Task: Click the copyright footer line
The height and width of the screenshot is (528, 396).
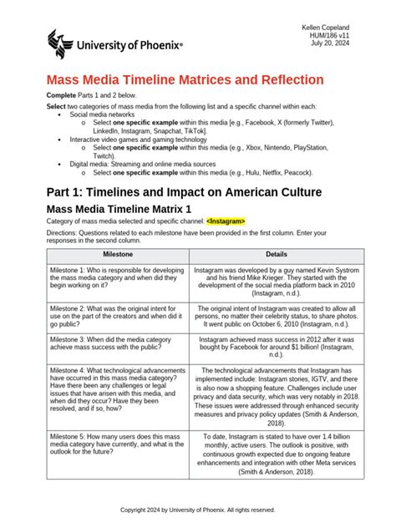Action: tap(198, 509)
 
